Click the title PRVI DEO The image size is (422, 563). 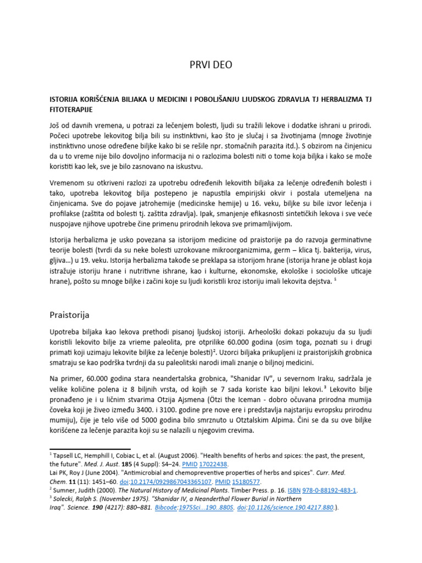(210, 65)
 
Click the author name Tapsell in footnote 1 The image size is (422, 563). (63, 456)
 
